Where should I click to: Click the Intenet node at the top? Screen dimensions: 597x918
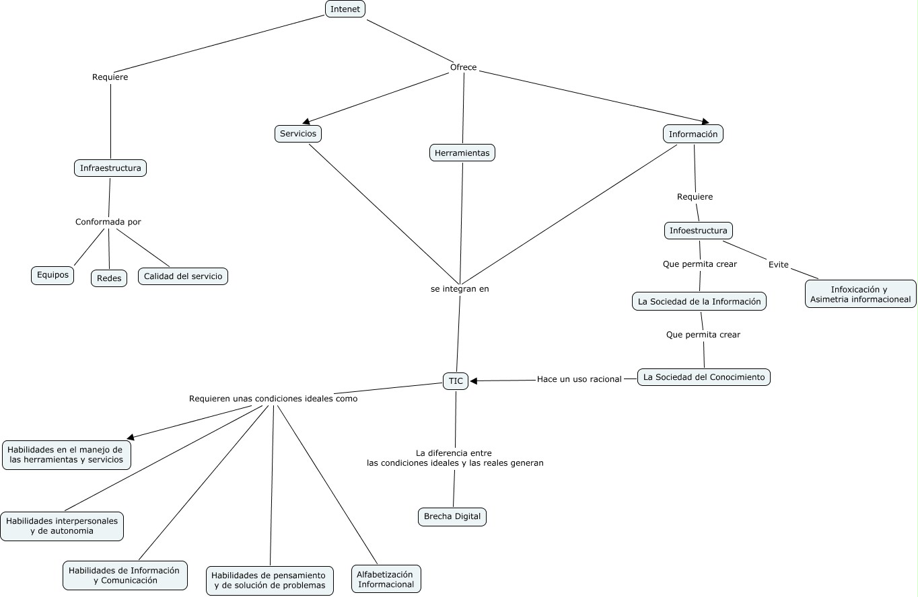[345, 9]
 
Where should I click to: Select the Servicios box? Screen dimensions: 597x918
[298, 134]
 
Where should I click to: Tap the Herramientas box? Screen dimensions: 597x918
[462, 153]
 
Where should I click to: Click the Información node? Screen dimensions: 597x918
[693, 134]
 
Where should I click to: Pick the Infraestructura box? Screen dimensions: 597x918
[110, 168]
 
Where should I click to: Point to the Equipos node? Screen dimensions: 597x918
[52, 275]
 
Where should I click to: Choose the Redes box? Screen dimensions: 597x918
[109, 278]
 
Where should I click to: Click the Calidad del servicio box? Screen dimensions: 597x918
[183, 276]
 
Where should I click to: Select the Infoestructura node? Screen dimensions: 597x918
[698, 231]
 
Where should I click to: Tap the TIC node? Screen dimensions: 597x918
[456, 381]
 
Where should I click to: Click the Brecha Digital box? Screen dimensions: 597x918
[452, 516]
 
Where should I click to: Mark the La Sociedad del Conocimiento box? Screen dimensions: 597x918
[703, 377]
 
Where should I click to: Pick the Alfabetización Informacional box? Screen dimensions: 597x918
[386, 579]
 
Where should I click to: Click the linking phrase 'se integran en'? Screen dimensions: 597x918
[460, 289]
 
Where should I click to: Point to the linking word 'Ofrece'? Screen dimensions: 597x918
[463, 67]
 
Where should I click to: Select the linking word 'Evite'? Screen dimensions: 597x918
[778, 265]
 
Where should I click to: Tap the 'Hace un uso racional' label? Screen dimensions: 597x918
[579, 379]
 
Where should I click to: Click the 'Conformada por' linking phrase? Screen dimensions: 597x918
[108, 222]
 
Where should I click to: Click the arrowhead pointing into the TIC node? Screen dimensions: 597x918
[474, 381]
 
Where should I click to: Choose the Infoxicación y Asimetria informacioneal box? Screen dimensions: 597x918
[860, 294]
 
